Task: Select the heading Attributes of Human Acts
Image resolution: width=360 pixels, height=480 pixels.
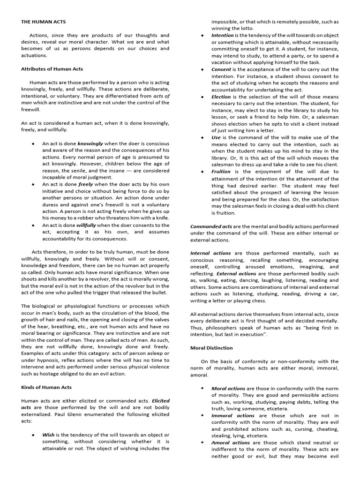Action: tap(52, 69)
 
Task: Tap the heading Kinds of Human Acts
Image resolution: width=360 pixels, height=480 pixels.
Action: tap(46, 388)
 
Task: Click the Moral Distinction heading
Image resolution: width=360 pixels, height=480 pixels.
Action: tap(211, 348)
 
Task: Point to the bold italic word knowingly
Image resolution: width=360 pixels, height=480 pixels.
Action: tap(90, 143)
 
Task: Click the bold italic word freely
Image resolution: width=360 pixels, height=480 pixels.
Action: tap(85, 185)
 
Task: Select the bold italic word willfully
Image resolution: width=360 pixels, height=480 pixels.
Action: tap(86, 225)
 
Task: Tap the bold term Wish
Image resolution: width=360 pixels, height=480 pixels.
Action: tap(48, 435)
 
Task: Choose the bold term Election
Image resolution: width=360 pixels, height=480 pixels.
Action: tap(221, 97)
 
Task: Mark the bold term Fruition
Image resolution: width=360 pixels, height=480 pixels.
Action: tap(221, 172)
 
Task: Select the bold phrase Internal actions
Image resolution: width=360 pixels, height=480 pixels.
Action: tap(210, 253)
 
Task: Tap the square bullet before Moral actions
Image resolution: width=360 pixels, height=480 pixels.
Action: tap(202, 389)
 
